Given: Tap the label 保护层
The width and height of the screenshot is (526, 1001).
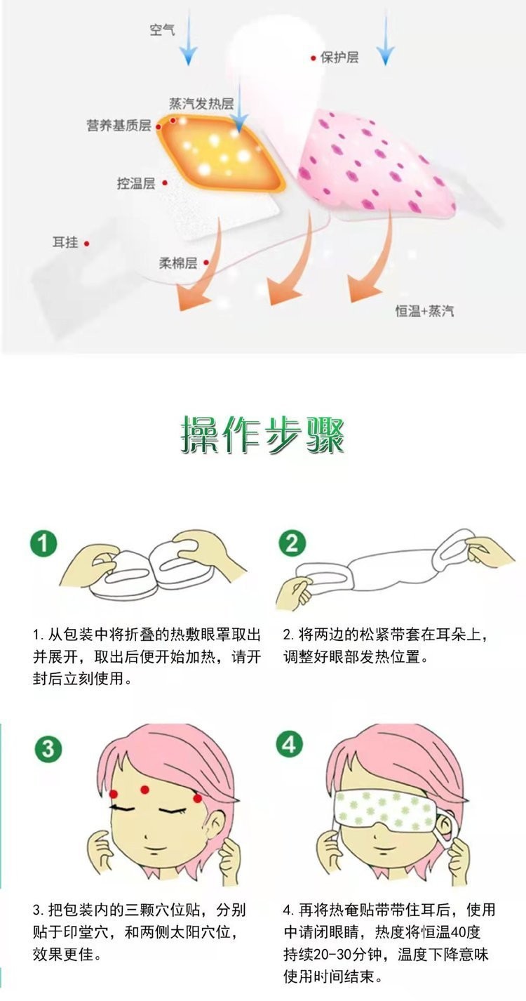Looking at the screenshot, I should [x=339, y=58].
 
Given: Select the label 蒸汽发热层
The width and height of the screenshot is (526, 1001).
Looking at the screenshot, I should [x=201, y=103].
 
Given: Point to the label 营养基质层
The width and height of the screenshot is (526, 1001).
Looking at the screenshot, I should [x=119, y=126].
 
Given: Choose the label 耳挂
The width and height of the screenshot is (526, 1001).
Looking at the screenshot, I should [x=65, y=242].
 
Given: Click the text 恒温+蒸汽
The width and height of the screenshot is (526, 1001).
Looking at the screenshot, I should [x=424, y=310].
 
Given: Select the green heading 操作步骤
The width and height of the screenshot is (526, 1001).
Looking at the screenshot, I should [x=263, y=435].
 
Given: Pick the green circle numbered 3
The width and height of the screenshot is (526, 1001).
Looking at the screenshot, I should [x=46, y=749].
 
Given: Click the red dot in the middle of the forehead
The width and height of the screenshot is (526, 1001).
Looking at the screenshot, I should [x=146, y=788].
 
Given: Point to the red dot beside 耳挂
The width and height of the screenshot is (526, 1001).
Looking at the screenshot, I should [x=86, y=243].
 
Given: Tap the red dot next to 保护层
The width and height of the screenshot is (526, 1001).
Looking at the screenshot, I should [x=313, y=58].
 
